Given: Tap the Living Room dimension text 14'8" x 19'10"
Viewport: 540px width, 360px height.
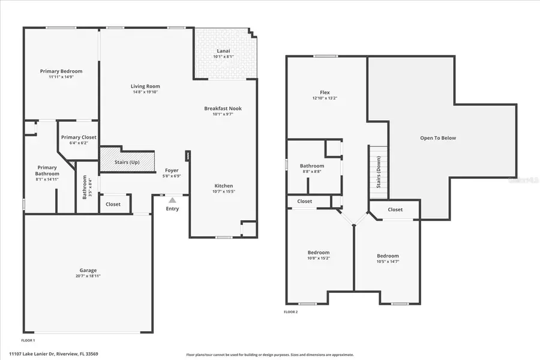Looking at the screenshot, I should (x=145, y=92).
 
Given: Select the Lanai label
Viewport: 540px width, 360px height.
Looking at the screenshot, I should (x=223, y=51).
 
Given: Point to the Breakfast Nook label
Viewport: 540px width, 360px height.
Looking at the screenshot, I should (x=223, y=109).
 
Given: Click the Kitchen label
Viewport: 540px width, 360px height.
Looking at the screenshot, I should (x=223, y=186).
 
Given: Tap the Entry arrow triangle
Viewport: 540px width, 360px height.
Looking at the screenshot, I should (x=172, y=200).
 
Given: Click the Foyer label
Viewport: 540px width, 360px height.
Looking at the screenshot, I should (x=172, y=170).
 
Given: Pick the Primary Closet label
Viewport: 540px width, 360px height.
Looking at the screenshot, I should (x=79, y=137).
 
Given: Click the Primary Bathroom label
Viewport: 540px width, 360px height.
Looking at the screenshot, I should (x=47, y=171).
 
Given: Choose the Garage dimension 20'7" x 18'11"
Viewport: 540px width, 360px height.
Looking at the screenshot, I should (x=88, y=276).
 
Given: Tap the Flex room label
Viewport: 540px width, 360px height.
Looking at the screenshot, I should (x=325, y=92).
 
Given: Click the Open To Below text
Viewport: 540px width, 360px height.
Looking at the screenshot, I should (x=437, y=138).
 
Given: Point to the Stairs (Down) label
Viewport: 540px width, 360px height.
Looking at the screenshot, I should (x=379, y=176).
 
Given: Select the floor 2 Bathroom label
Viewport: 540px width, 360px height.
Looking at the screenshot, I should (x=312, y=166).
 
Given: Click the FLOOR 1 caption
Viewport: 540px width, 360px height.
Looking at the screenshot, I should (x=28, y=340).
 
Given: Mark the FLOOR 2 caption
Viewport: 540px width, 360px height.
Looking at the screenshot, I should (x=290, y=312).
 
